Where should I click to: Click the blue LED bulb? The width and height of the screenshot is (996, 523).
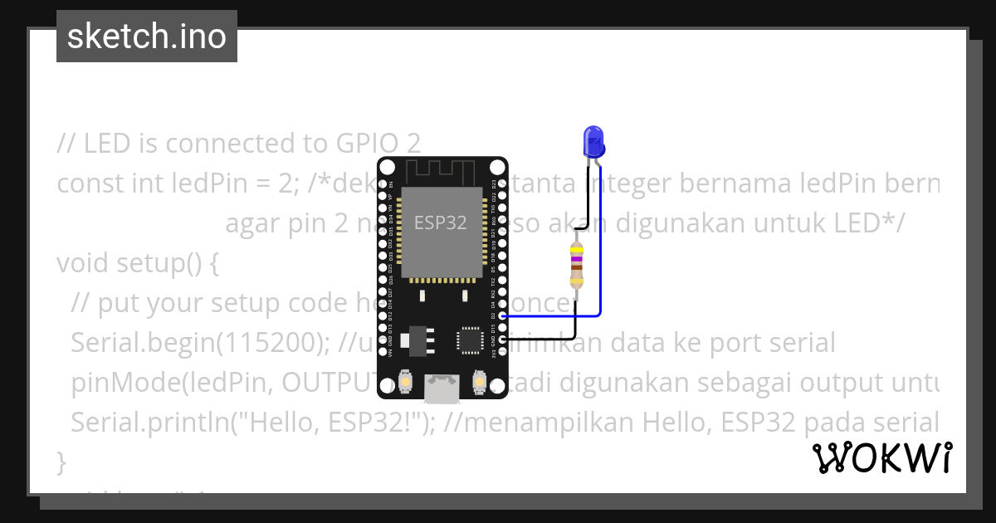pos(593,141)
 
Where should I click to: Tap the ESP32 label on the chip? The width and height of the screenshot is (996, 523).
pos(440,222)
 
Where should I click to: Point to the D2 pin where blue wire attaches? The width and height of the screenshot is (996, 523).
pos(502,316)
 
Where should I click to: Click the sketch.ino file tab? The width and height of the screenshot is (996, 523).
pos(147,37)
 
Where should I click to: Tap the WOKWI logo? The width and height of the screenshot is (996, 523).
pos(881,457)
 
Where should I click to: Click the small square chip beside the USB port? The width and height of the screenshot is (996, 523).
pos(469,340)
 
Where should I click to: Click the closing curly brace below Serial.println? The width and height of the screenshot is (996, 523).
pos(61,462)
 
